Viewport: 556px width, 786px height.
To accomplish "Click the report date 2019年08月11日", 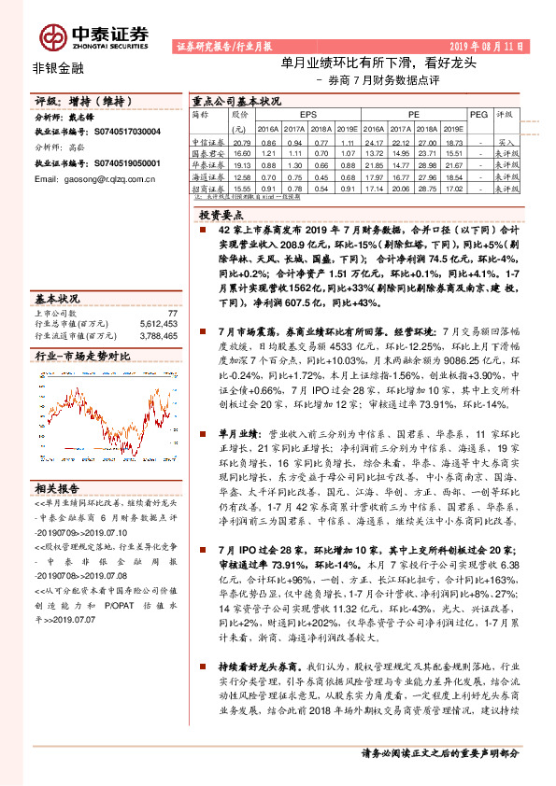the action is coord(490,45).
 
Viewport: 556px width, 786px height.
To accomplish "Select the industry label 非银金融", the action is coord(52,67).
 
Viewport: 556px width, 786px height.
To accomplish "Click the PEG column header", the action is coord(478,113).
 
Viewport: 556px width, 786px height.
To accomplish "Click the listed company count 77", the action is coord(172,314).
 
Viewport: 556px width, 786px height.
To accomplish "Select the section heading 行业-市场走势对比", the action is coord(81,357).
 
